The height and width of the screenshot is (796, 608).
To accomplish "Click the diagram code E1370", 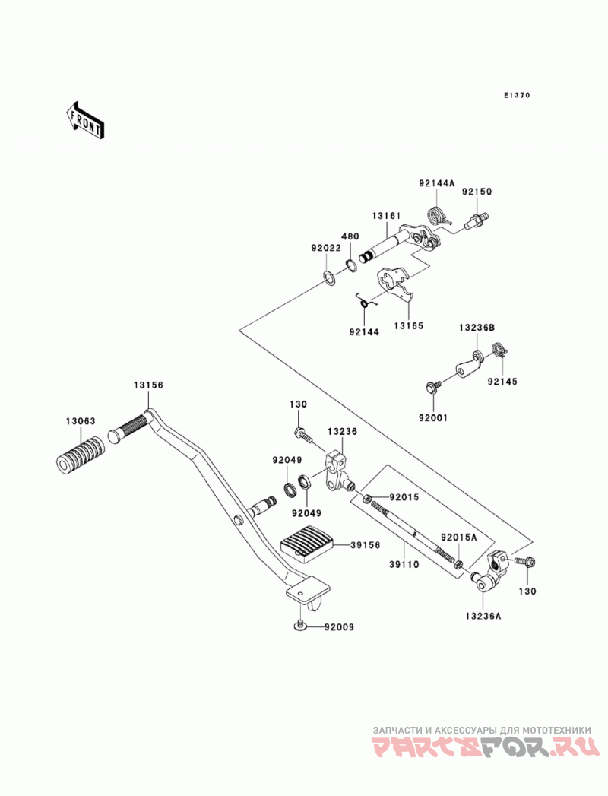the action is pyautogui.click(x=517, y=95).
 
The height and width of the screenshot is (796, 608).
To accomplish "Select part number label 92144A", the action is pyautogui.click(x=437, y=182).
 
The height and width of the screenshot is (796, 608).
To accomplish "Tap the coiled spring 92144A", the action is pyautogui.click(x=435, y=214).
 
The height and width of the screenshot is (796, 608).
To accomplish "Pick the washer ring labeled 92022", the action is pyautogui.click(x=329, y=278).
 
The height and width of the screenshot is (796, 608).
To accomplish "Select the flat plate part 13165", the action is pyautogui.click(x=394, y=285).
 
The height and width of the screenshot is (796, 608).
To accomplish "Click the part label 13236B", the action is pyautogui.click(x=477, y=328).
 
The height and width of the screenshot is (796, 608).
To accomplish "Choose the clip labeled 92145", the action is pyautogui.click(x=499, y=350).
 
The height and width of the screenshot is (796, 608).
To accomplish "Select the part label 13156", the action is pyautogui.click(x=149, y=385).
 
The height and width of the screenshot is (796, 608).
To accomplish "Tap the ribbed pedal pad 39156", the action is pyautogui.click(x=306, y=544).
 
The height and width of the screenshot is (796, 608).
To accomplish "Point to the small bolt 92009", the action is pyautogui.click(x=300, y=626).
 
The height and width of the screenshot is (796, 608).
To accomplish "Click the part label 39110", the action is pyautogui.click(x=404, y=564).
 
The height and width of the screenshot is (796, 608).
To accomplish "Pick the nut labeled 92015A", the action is pyautogui.click(x=458, y=563).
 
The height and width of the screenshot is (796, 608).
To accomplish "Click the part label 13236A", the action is pyautogui.click(x=483, y=616).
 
